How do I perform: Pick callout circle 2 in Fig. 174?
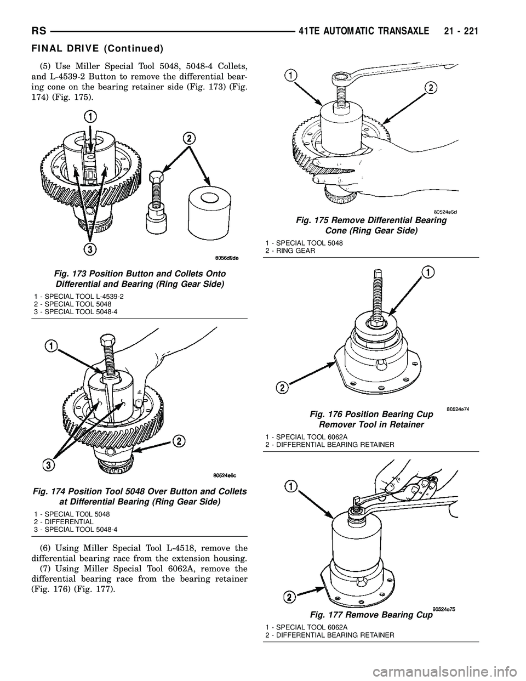click(178, 440)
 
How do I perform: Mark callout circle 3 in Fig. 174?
click(49, 465)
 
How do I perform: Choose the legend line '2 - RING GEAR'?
click(290, 250)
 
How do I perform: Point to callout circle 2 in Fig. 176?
click(282, 388)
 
